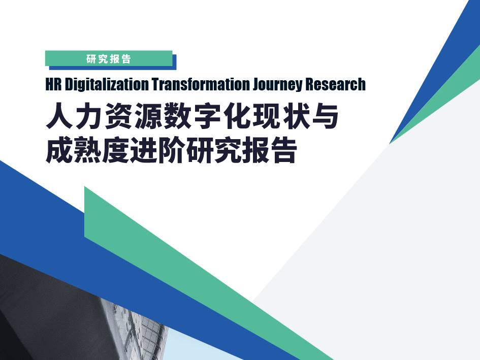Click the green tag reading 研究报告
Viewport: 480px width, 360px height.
[109, 58]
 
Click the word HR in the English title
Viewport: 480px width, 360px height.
[53, 84]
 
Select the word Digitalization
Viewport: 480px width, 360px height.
[107, 85]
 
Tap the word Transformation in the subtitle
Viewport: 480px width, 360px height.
[201, 84]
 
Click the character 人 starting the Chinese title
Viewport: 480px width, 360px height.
[59, 116]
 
